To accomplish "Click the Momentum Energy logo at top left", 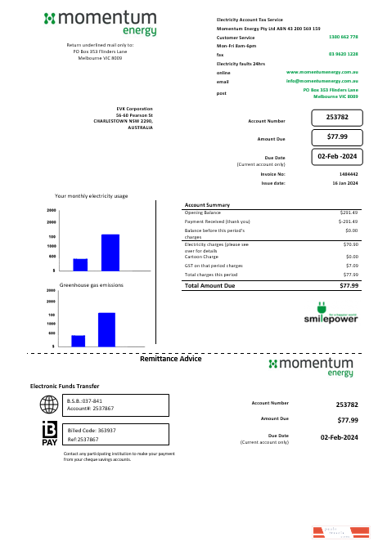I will coord(110,23).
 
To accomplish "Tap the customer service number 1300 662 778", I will coord(343,38).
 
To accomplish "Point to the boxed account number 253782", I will coord(336,118).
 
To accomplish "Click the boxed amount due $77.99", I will coord(336,136).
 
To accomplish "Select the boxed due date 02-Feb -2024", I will coord(336,155).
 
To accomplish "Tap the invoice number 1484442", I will coord(348,174).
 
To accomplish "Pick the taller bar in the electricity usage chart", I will coord(110,252).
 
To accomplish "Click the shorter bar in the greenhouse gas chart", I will coord(79,341).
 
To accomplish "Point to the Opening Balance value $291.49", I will coord(349,212).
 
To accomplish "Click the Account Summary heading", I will coord(207,204).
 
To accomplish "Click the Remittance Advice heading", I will coord(170,359).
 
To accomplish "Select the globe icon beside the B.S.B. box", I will coord(49,405).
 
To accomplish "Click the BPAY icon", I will coord(49,434).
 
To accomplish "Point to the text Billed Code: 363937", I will coord(92,430).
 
